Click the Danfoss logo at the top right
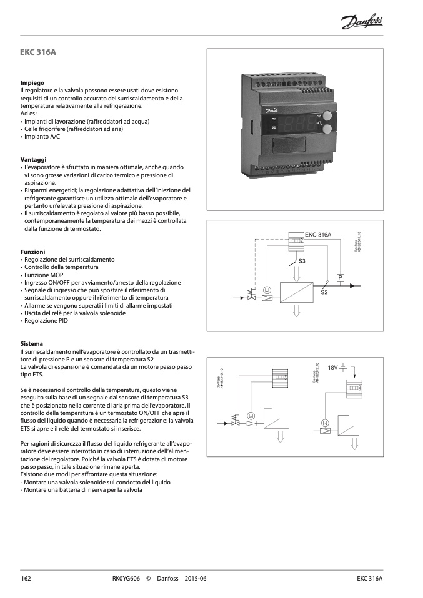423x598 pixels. click(x=363, y=23)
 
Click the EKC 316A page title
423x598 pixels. click(x=38, y=52)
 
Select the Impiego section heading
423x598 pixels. click(x=32, y=83)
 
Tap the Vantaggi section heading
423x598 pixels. click(x=34, y=160)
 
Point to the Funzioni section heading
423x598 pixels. click(x=32, y=252)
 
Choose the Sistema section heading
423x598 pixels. click(x=32, y=344)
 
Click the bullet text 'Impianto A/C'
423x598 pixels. click(x=42, y=137)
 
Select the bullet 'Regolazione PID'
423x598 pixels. click(x=47, y=321)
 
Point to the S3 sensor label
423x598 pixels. click(x=302, y=260)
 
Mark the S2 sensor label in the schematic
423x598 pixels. click(x=324, y=292)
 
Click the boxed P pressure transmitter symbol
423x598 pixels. click(x=341, y=277)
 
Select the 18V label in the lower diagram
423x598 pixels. click(x=332, y=368)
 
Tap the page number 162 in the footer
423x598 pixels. click(x=26, y=579)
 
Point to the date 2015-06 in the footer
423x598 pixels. click(x=196, y=579)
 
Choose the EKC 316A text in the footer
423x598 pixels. click(x=369, y=579)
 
